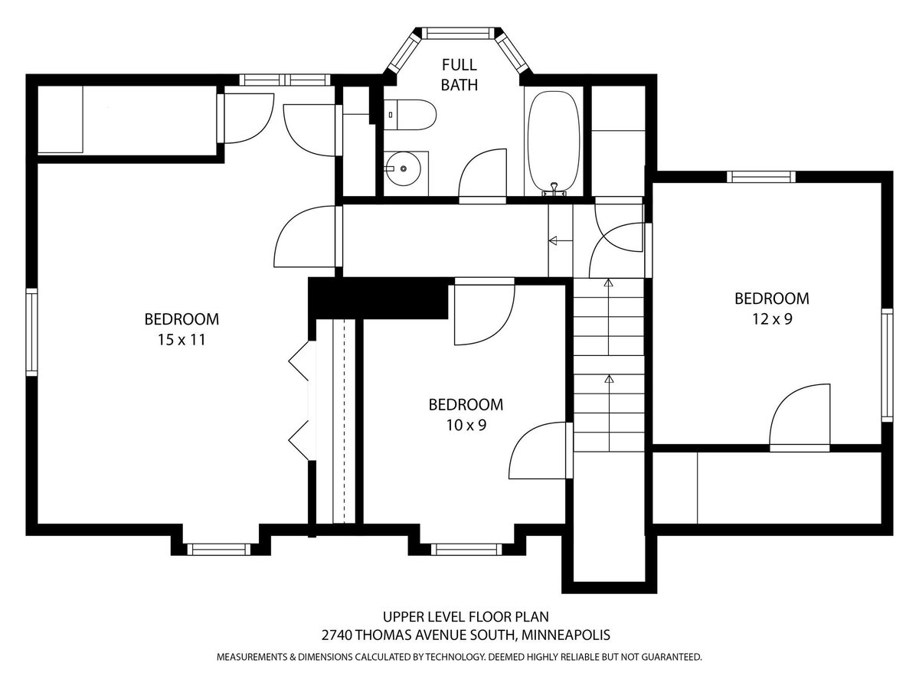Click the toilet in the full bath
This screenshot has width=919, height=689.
(x=410, y=115)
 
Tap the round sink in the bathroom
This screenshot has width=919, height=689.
(x=403, y=168)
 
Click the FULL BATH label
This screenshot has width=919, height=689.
(x=459, y=75)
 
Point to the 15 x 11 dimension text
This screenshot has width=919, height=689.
(x=182, y=340)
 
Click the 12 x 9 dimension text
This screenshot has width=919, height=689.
(x=772, y=319)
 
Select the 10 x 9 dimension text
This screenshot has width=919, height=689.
(x=466, y=426)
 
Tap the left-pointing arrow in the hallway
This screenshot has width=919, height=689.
(x=561, y=240)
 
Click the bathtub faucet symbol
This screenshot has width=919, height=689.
(x=554, y=190)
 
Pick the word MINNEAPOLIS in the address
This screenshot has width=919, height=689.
(x=565, y=635)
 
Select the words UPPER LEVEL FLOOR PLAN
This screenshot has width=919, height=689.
(x=466, y=616)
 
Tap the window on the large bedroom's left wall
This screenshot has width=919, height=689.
(x=32, y=332)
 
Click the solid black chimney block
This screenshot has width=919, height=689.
(x=378, y=298)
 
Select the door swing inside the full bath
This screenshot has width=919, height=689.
(x=482, y=172)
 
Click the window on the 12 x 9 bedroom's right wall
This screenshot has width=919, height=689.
(x=887, y=365)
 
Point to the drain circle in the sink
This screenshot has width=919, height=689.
(x=403, y=168)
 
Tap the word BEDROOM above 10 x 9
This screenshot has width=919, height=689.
(x=466, y=404)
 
